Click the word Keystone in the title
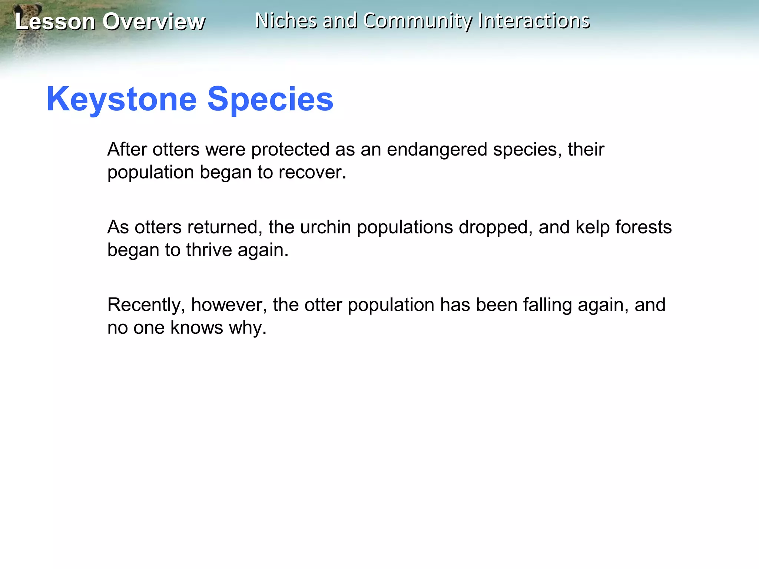click(122, 99)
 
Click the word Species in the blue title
click(270, 99)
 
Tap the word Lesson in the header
click(55, 21)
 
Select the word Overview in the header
click(153, 21)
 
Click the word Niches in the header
click(286, 21)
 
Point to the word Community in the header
click(418, 21)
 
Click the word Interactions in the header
click(534, 21)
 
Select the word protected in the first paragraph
click(290, 150)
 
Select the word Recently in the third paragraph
click(146, 305)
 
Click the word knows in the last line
click(197, 328)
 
